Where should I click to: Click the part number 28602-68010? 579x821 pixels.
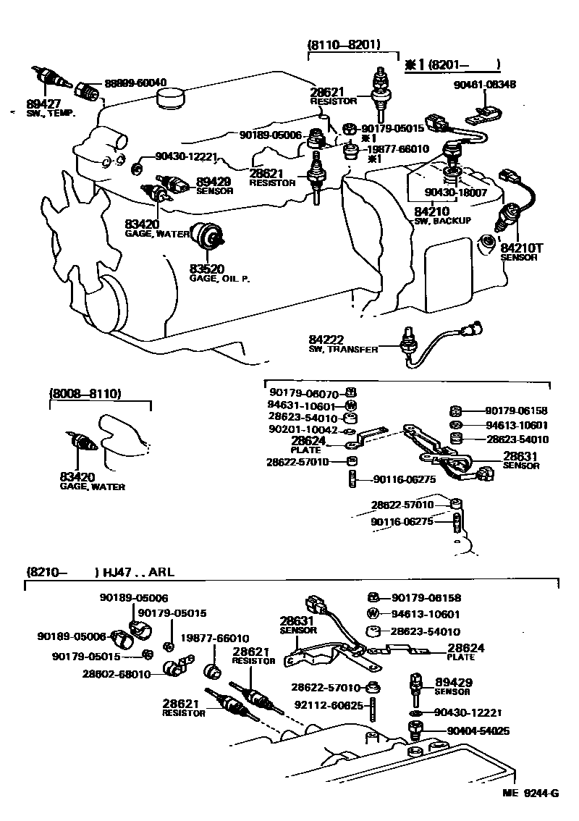(117, 674)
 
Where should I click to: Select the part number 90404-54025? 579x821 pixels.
(471, 731)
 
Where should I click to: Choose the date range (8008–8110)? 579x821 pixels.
(85, 394)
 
